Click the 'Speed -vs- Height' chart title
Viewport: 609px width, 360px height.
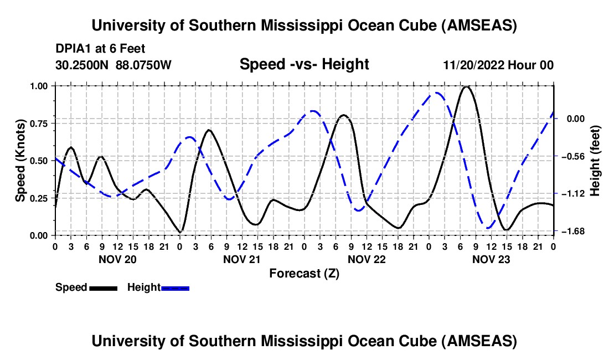click(304, 65)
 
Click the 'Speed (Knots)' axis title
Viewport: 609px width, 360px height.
click(20, 161)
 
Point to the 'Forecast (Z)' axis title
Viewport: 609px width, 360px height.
click(304, 273)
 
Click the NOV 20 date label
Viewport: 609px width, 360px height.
click(117, 259)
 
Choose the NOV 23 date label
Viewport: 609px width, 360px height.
click(491, 259)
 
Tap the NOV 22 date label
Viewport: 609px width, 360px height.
click(366, 259)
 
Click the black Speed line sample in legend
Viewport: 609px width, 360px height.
click(103, 287)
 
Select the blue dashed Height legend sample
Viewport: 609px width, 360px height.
click(175, 287)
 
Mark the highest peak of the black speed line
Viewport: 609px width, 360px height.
click(467, 86)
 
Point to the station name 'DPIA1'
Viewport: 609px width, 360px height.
click(71, 49)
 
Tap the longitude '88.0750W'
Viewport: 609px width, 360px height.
click(144, 65)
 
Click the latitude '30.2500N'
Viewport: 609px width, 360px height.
click(83, 65)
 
